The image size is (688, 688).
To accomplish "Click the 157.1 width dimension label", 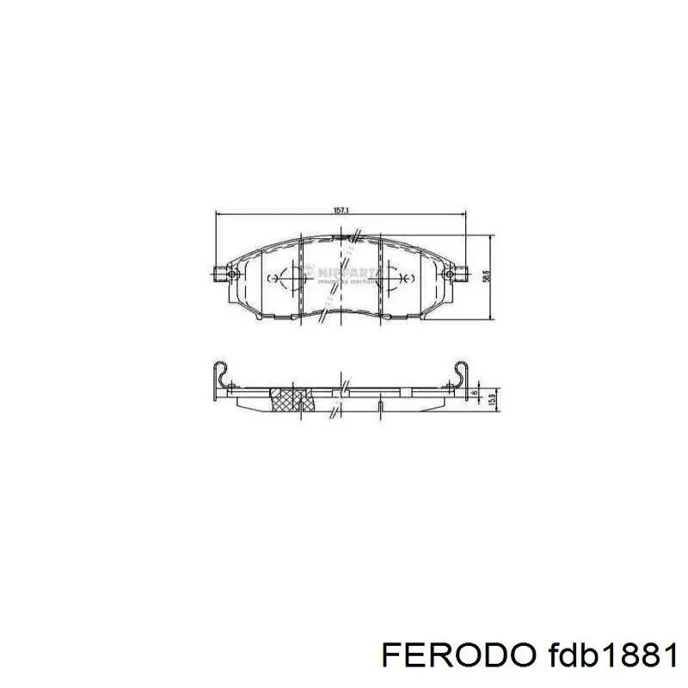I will coord(341,209).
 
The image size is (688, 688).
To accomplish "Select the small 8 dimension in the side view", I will coord(474,394).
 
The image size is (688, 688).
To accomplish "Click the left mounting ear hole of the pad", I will coord(230,274).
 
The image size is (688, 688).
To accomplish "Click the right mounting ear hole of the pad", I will coord(450,273).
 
